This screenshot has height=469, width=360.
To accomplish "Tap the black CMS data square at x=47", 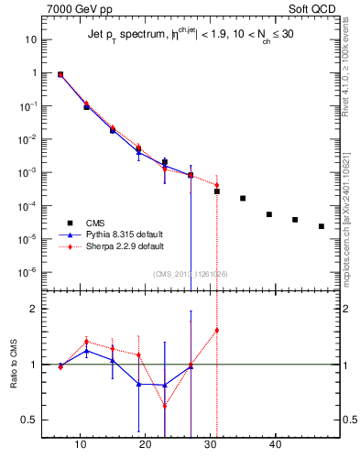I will click(322, 226).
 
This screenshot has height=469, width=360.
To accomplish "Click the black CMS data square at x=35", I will click(243, 198).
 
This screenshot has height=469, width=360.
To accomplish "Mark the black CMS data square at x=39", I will click(269, 214).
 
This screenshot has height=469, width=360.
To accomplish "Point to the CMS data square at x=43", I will click(295, 220).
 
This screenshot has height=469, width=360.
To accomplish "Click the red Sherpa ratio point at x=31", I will click(217, 330).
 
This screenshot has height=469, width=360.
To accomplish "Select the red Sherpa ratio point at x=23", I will click(165, 406).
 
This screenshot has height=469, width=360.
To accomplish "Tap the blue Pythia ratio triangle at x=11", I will click(86, 351).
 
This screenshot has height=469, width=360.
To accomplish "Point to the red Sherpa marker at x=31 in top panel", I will click(217, 185).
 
